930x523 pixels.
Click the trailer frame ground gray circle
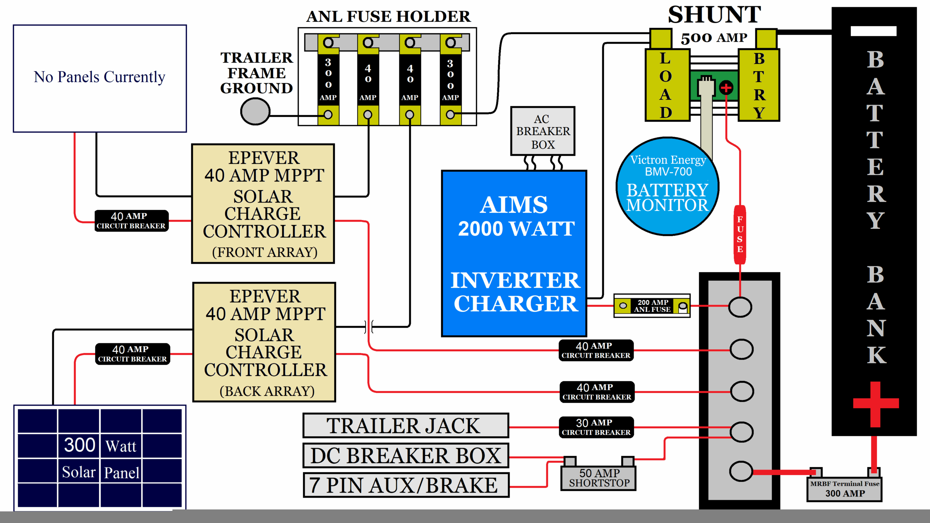[x=255, y=112]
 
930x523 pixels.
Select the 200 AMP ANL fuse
[x=652, y=306]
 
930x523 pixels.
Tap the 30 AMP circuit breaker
[x=596, y=427]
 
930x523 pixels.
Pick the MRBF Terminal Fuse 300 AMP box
[x=844, y=489]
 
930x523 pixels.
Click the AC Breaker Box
[x=543, y=131]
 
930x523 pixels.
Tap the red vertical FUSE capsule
[x=740, y=235]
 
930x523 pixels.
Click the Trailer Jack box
[x=405, y=425]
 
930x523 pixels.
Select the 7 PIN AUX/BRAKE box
[x=406, y=485]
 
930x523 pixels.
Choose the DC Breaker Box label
[x=405, y=455]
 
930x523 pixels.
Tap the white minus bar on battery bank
[x=873, y=31]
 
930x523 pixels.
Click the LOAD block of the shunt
[x=667, y=85]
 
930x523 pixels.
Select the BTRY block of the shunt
[x=759, y=85]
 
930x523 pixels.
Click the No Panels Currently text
[x=100, y=77]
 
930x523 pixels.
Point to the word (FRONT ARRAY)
[x=264, y=252]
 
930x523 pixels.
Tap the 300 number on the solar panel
[x=80, y=445]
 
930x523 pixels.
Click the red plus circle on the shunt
[x=726, y=88]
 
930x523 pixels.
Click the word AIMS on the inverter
[x=514, y=205]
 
